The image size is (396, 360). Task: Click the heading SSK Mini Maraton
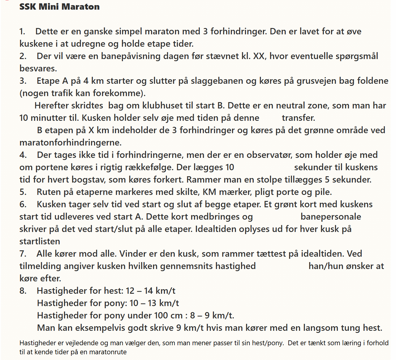(x=59, y=7)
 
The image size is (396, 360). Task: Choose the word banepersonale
(x=331, y=217)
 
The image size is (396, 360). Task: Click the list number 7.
(x=23, y=254)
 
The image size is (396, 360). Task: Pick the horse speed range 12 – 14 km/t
(x=150, y=291)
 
